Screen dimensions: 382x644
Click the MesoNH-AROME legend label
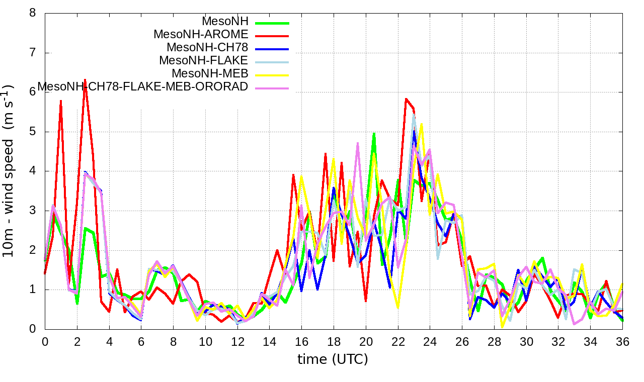pyautogui.click(x=201, y=35)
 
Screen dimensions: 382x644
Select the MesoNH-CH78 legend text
pyautogui.click(x=207, y=48)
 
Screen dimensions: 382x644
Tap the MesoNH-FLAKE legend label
pyautogui.click(x=204, y=61)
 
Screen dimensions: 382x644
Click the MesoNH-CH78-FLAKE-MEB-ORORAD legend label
pyautogui.click(x=143, y=87)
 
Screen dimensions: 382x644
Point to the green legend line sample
pyautogui.click(x=272, y=23)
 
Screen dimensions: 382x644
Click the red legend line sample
pyautogui.click(x=272, y=36)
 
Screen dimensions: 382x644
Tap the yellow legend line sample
pyautogui.click(x=272, y=75)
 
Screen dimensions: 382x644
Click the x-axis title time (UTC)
pyautogui.click(x=333, y=359)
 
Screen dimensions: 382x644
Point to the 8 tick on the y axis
pyautogui.click(x=33, y=13)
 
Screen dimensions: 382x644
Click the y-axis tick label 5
pyautogui.click(x=33, y=132)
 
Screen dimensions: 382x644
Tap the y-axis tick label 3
pyautogui.click(x=33, y=211)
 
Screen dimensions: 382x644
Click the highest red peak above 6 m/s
pyautogui.click(x=85, y=79)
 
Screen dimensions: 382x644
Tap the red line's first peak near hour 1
pyautogui.click(x=61, y=101)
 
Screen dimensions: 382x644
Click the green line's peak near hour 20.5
pyautogui.click(x=374, y=134)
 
